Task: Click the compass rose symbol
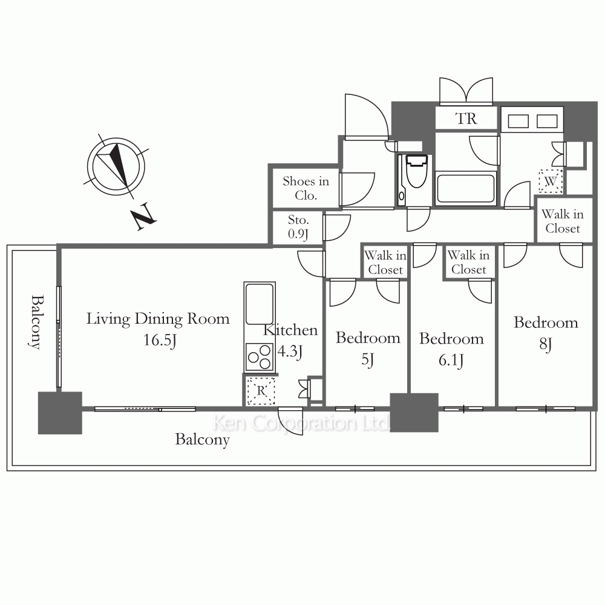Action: click(116, 167)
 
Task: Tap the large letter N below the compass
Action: click(143, 216)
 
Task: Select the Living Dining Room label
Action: click(158, 319)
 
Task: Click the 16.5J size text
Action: click(160, 340)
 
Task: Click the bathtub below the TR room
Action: click(466, 188)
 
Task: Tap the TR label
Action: click(466, 119)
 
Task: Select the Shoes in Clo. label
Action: click(306, 188)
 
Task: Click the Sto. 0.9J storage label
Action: click(298, 227)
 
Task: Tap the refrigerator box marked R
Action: click(261, 390)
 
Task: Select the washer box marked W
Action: click(551, 180)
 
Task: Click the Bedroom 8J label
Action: click(546, 333)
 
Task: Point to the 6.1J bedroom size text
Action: click(451, 361)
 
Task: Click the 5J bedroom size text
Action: click(367, 359)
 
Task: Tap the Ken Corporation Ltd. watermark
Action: click(301, 423)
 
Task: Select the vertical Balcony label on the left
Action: click(36, 322)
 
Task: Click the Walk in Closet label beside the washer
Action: click(563, 221)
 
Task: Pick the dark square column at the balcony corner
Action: click(60, 413)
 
